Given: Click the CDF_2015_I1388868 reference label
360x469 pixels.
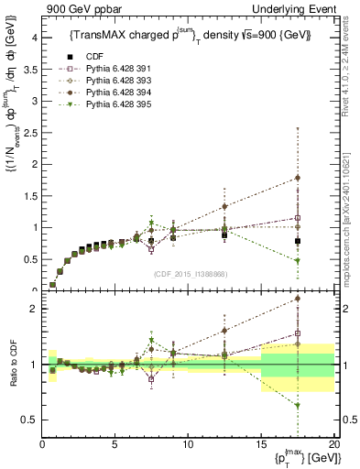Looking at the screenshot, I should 188,273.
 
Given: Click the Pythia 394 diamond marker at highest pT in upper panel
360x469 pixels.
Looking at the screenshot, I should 297,178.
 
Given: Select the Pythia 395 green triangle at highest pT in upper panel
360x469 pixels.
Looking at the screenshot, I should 297,261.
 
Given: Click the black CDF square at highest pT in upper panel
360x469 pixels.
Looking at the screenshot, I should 297,241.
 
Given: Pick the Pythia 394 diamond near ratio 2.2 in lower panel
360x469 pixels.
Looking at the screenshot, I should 297,298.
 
